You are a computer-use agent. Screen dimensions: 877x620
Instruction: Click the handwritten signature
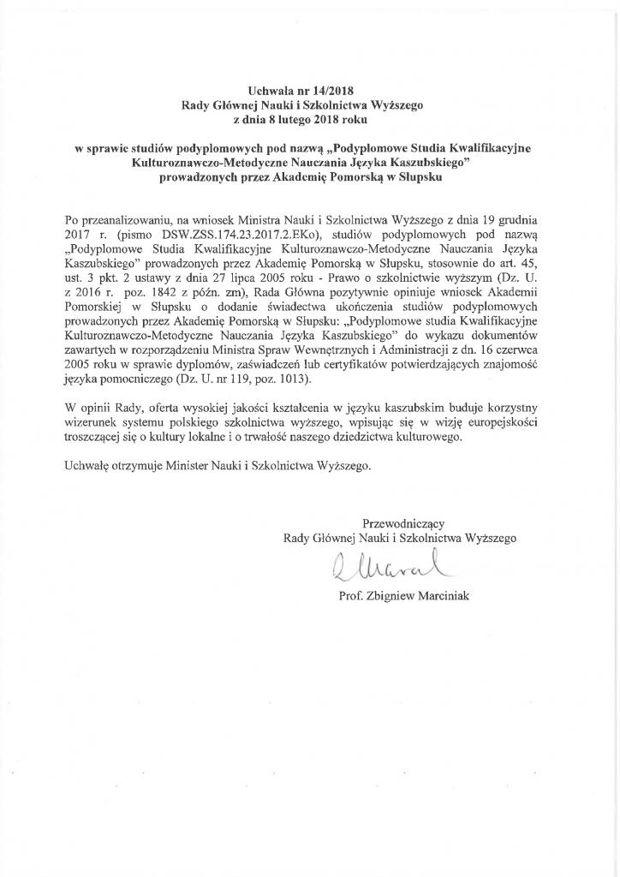pos(387,568)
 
